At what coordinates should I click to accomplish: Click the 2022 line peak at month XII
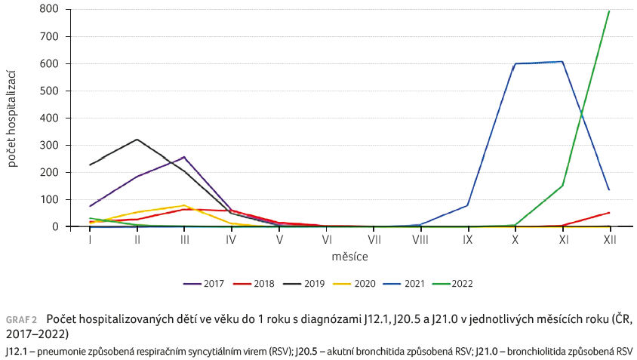(609, 11)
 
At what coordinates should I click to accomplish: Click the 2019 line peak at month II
(137, 140)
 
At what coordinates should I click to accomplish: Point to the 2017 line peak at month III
(184, 157)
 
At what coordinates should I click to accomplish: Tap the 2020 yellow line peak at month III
(184, 205)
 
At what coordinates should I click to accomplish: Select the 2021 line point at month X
(515, 64)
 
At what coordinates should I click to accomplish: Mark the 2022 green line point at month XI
(562, 186)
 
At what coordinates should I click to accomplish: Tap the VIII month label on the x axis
(420, 239)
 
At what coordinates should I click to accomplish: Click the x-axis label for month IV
(231, 239)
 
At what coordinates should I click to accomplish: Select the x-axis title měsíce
(349, 257)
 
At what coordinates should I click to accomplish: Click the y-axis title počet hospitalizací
(13, 117)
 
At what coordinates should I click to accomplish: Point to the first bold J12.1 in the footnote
(14, 351)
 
